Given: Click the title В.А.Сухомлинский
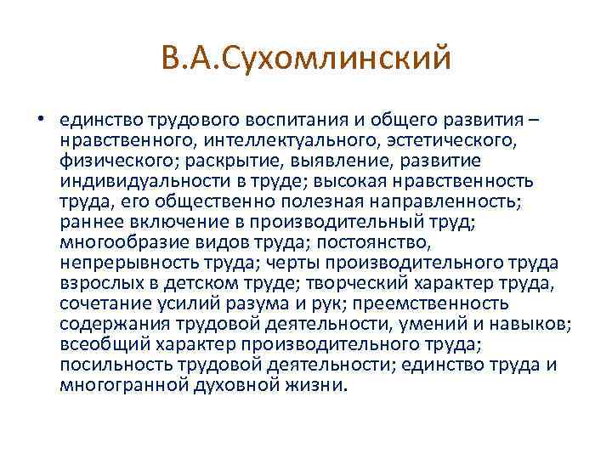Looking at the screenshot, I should [305, 59].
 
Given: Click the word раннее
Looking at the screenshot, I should [89, 221].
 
